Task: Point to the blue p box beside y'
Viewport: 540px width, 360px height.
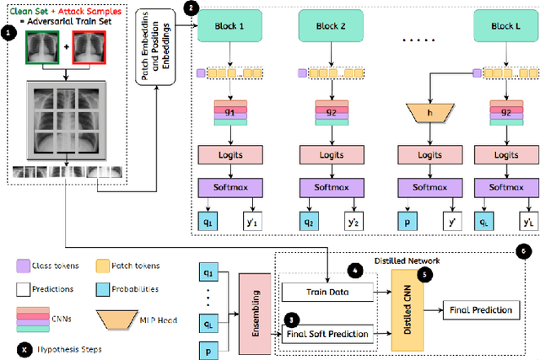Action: pos(408,223)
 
